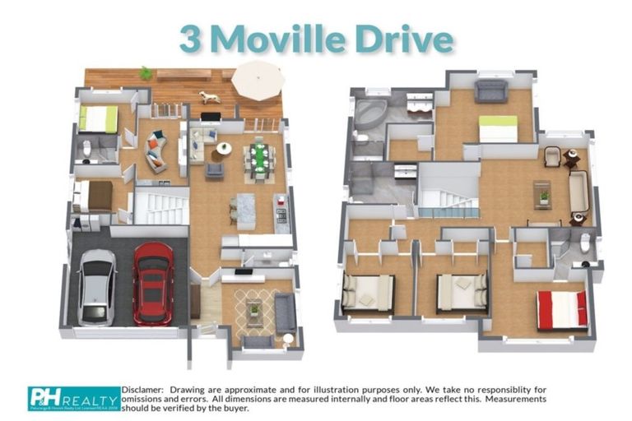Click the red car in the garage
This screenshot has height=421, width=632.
click(x=152, y=282)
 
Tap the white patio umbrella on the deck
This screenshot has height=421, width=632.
click(x=258, y=81)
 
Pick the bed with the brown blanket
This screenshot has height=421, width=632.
click(x=95, y=196)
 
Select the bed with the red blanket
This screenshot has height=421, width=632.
click(x=562, y=310)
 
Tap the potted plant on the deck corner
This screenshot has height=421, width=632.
click(x=146, y=74)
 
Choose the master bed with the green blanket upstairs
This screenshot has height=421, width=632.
click(x=498, y=129)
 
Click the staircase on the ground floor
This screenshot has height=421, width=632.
click(x=156, y=206)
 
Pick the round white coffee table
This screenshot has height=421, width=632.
click(x=223, y=149)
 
